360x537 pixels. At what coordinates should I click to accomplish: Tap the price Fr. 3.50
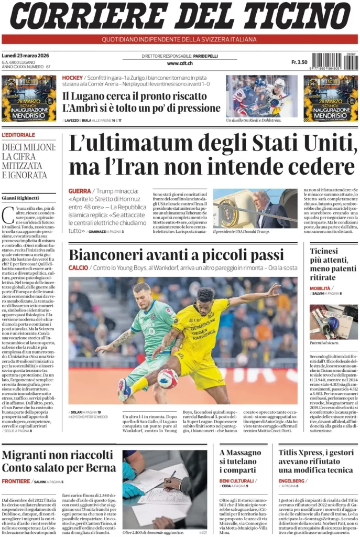299,62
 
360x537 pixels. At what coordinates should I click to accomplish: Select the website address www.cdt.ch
180,63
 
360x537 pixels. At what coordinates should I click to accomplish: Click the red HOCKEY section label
72,78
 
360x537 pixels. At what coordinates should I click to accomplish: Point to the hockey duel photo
261,96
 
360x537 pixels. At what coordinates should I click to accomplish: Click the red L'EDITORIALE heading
18,135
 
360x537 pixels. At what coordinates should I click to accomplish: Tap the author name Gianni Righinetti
20,198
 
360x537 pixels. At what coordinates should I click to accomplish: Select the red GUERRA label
80,191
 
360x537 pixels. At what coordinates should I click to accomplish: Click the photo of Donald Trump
255,208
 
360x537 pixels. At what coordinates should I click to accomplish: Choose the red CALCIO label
78,268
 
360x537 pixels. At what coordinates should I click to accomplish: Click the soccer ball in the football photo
168,378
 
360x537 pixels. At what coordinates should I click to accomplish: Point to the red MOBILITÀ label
320,288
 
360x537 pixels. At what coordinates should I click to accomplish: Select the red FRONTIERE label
16,481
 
